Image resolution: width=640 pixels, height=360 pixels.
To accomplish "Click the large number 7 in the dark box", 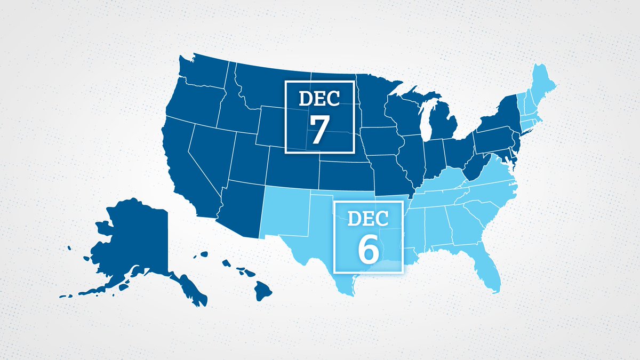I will pyautogui.click(x=318, y=130).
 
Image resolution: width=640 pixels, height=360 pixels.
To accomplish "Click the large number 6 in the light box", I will pyautogui.click(x=367, y=249).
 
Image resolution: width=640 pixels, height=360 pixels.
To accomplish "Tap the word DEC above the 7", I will pyautogui.click(x=319, y=99).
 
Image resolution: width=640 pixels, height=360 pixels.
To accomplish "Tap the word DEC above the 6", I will pyautogui.click(x=367, y=218).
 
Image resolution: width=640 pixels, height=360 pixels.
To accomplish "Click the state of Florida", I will pyautogui.click(x=487, y=267).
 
